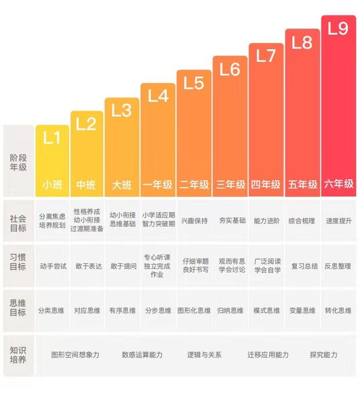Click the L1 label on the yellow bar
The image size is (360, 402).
pos(52,139)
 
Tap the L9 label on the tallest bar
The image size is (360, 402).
pos(338,29)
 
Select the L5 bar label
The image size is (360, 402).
pos(194,83)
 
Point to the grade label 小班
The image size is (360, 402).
pos(52,185)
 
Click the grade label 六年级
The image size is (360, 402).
pos(338,184)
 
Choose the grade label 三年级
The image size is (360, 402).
pos(230,184)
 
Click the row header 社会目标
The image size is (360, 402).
pos(18,221)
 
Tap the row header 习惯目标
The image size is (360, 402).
pos(18,261)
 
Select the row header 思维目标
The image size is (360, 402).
pos(18,307)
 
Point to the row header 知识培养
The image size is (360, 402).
pos(18,355)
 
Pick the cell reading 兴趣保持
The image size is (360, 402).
pos(194,221)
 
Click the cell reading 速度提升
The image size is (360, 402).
pos(338,221)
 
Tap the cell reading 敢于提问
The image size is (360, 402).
pos(123,266)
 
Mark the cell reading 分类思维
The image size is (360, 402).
pos(51,311)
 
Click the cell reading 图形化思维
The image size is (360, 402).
pos(194,311)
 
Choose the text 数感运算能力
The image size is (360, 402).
pos(142,355)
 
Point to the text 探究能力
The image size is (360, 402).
pos(324,355)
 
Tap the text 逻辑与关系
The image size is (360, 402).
pos(204,355)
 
